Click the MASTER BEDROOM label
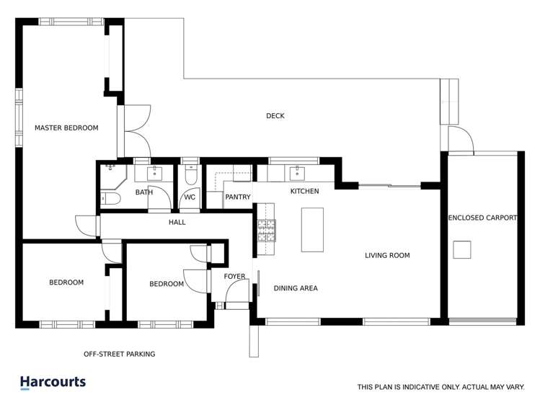tap(66, 128)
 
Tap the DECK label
tap(275, 116)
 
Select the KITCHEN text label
tap(304, 191)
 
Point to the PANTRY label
tap(237, 197)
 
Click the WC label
tap(190, 197)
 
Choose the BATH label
tap(144, 192)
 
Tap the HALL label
tap(177, 222)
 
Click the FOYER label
tap(234, 276)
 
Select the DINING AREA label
tap(296, 288)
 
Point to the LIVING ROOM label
tap(387, 255)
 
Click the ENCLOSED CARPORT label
tap(482, 217)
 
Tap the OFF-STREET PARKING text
tap(119, 354)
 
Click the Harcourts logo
tap(53, 383)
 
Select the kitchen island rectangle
tap(312, 230)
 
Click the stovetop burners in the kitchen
tap(265, 229)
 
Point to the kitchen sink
tap(296, 173)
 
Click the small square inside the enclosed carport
tap(462, 249)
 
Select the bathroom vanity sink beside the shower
tap(155, 173)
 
